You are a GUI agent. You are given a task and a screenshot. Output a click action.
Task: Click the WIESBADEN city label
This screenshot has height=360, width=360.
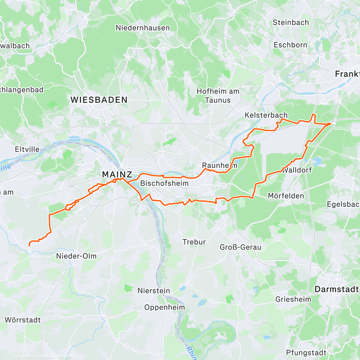[x=99, y=100]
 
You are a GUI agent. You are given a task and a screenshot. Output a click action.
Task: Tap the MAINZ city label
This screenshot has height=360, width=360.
[x=117, y=174]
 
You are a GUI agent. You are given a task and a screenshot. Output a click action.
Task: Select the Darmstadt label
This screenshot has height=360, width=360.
[x=336, y=289]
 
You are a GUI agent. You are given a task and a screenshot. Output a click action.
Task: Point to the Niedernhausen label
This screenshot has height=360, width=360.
[x=143, y=28]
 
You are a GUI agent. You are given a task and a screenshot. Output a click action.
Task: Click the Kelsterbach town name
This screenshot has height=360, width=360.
[x=266, y=115]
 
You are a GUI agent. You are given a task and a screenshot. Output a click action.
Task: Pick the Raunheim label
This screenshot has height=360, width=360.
[x=220, y=165]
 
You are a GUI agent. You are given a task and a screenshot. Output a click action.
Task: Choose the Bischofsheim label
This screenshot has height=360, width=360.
[x=164, y=183]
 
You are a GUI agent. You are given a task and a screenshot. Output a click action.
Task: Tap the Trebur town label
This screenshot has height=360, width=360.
[x=194, y=242]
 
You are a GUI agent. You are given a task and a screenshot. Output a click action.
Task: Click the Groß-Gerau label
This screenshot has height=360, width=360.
[x=241, y=247]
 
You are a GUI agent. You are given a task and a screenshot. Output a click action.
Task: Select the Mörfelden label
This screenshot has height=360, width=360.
[x=286, y=196]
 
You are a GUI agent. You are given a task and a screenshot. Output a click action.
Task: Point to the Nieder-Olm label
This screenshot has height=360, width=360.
[x=76, y=256]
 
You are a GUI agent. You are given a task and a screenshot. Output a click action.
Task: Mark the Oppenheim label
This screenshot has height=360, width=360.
[x=165, y=307]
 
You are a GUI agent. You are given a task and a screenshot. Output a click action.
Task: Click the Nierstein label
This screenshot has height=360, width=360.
[x=154, y=291]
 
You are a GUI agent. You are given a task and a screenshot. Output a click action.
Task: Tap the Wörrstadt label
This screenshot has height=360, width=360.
[x=23, y=320]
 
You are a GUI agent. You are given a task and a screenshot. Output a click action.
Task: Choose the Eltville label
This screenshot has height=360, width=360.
[x=27, y=149]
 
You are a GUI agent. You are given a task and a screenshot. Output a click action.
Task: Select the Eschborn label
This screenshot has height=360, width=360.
[x=290, y=45]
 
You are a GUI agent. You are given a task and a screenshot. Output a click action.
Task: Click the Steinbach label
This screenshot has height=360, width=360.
[x=291, y=22]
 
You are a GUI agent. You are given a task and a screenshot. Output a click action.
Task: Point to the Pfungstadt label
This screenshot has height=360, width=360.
[x=306, y=353]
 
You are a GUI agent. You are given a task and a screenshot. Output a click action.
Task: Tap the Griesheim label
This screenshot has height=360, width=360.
[x=293, y=299]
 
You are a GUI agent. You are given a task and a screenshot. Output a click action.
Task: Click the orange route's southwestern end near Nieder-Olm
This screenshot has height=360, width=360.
[x=29, y=245]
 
